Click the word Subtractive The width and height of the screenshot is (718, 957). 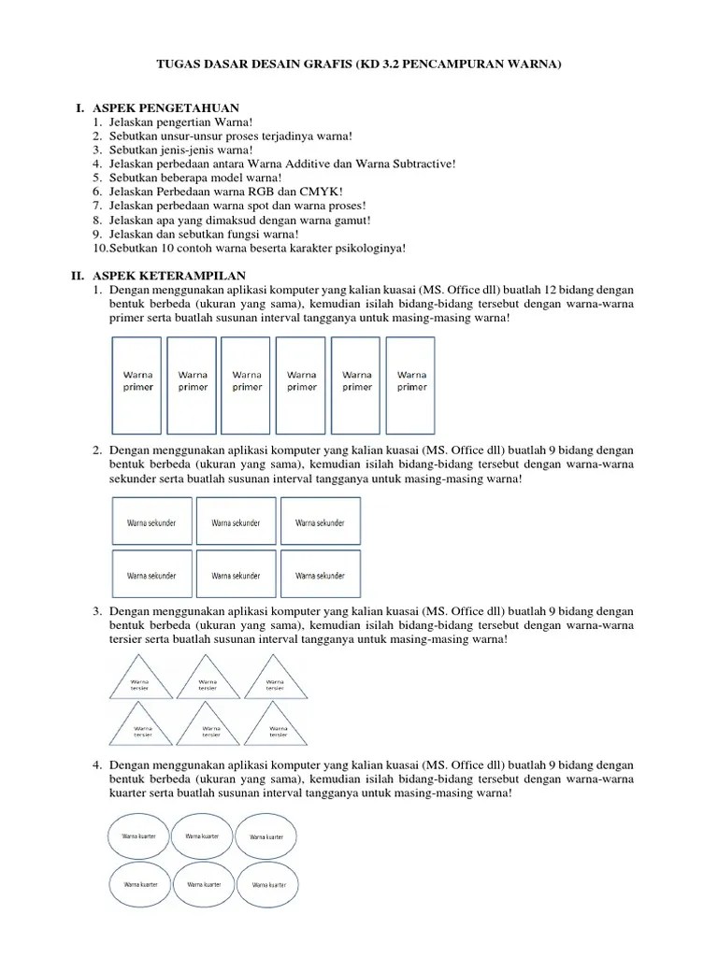pyautogui.click(x=419, y=164)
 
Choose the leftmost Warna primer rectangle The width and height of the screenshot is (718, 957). pyautogui.click(x=137, y=380)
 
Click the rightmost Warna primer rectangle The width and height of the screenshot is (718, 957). pyautogui.click(x=411, y=380)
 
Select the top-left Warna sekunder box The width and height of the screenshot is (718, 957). pyautogui.click(x=151, y=523)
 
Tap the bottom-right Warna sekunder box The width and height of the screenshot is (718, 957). pyautogui.click(x=320, y=576)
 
